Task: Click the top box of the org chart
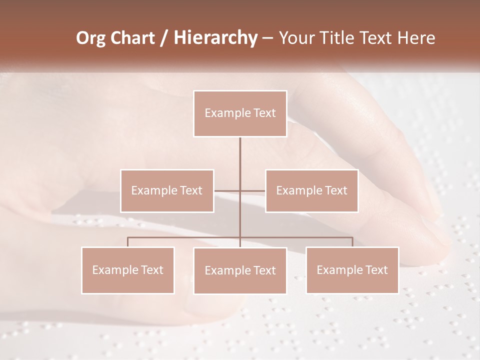240,113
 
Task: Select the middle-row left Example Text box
167,190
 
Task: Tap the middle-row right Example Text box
311,190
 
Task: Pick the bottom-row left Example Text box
128,270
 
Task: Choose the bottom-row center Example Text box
240,270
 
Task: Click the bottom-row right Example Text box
352,270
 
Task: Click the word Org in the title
90,38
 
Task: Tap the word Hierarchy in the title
215,38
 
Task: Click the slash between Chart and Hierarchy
164,38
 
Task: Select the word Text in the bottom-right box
376,270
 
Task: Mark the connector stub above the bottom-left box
128,242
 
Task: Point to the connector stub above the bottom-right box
352,242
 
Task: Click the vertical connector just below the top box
240,150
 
